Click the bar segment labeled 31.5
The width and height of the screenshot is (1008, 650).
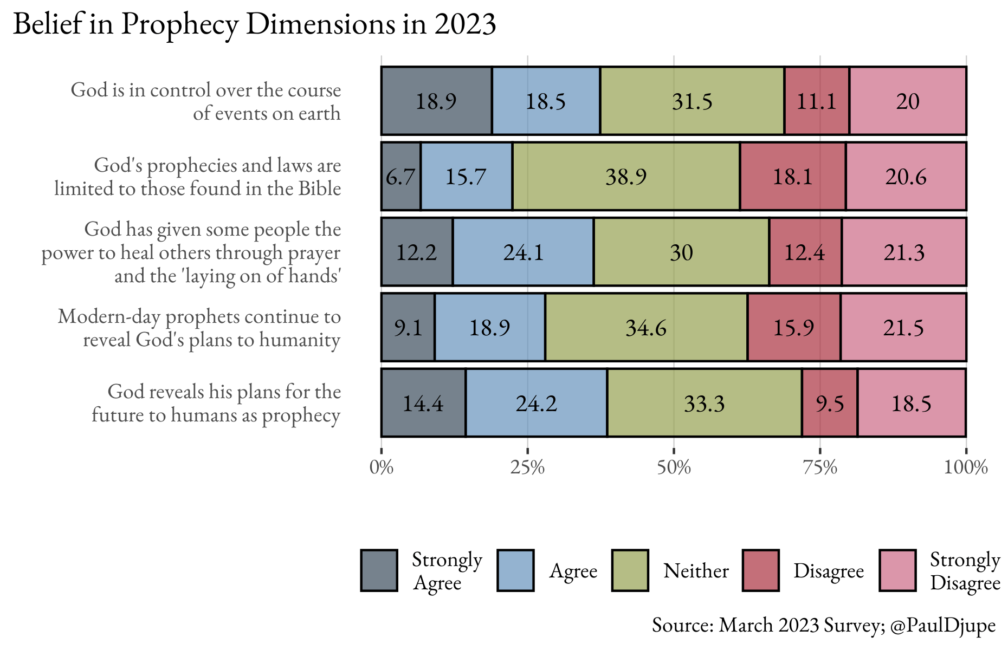692,101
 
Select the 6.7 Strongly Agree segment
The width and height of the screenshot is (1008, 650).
401,177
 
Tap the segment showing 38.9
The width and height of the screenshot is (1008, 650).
626,177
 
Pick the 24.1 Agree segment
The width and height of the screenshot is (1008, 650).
523,252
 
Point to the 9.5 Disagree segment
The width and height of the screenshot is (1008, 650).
830,403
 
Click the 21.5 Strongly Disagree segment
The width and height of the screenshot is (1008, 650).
903,328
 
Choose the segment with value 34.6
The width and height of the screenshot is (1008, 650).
646,328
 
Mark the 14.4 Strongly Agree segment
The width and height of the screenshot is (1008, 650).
423,403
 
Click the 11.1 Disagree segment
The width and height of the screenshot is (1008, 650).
817,101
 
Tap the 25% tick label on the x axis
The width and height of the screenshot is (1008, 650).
527,467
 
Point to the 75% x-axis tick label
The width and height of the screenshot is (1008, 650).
820,467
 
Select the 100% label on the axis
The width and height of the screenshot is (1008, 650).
966,467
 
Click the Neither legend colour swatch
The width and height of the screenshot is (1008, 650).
630,570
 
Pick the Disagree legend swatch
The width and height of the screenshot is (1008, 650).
761,570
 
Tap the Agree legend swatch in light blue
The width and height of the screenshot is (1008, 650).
515,570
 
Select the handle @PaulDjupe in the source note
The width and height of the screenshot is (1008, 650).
943,625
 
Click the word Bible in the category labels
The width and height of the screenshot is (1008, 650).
319,188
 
